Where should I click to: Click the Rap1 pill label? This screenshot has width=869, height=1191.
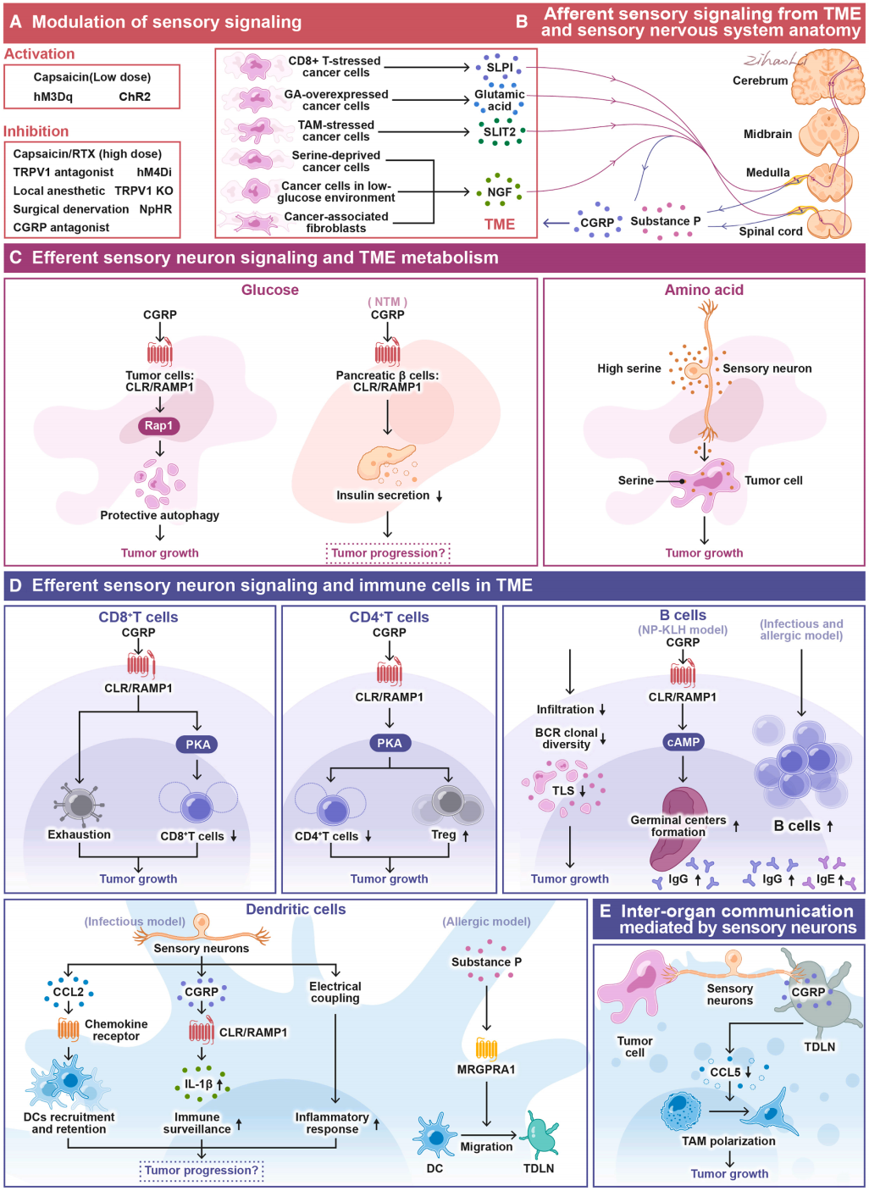(158, 426)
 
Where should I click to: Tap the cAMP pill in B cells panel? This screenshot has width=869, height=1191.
(683, 742)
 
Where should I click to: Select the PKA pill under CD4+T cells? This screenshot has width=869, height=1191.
(390, 743)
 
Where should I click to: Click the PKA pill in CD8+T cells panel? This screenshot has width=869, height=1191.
(197, 745)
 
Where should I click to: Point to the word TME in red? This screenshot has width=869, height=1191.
(500, 224)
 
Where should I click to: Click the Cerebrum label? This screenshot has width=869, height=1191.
(760, 80)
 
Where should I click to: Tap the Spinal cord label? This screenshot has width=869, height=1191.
(770, 231)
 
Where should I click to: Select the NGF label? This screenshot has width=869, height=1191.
(500, 192)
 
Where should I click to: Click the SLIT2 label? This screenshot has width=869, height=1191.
(499, 132)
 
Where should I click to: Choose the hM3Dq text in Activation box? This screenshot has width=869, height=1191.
(53, 97)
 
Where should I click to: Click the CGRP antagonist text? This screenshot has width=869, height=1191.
(61, 227)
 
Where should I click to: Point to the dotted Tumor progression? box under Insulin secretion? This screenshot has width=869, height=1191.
(388, 553)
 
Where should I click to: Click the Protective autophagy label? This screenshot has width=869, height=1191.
(159, 515)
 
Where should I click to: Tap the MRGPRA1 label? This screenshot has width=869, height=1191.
(486, 1069)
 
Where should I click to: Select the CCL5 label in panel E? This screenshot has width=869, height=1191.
(725, 1072)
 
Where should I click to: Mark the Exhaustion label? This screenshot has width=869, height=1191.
(79, 834)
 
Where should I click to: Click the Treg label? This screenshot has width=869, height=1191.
(443, 834)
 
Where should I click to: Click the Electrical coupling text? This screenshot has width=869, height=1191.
(335, 992)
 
